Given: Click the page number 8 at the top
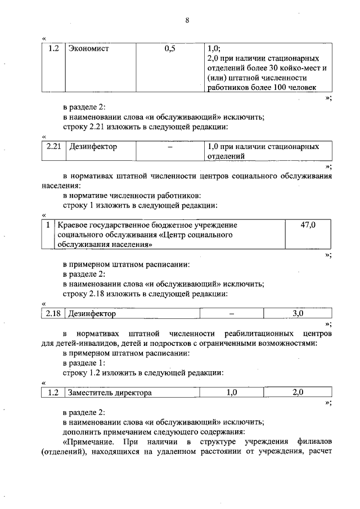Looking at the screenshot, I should [x=187, y=20].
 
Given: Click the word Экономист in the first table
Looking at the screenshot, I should [x=88, y=49].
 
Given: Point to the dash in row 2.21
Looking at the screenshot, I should [x=169, y=147].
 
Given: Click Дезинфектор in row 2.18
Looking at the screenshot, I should [x=92, y=313].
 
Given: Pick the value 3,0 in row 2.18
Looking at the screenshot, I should [x=298, y=313].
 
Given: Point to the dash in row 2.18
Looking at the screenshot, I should [x=231, y=313].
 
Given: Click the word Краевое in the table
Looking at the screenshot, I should [x=74, y=225].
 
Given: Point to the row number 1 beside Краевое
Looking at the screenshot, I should [x=49, y=225].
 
